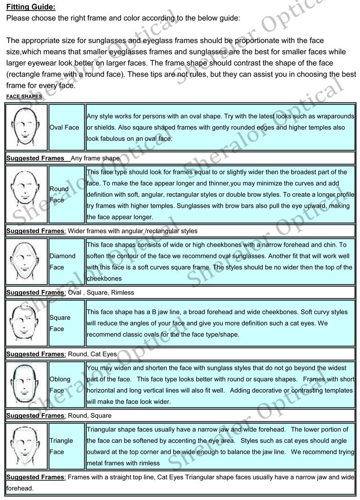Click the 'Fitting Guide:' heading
31,7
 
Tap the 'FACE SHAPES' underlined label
24,96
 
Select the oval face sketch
26,127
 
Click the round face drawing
26,194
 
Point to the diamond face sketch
26,261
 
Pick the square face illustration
26,323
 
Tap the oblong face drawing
26,384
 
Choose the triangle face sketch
26,446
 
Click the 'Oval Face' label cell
67,127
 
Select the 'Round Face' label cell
67,194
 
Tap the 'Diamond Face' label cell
67,261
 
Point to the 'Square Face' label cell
67,323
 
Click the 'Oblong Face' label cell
67,384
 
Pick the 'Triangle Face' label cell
67,446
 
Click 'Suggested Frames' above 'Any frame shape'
35,159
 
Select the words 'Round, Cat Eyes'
92,354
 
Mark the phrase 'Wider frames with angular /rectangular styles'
132,231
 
